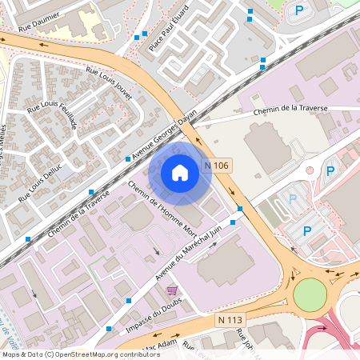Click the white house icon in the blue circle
(180, 172)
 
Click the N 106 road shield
(216, 166)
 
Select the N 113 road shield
(230, 320)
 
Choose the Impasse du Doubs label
(154, 320)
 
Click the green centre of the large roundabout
(310, 294)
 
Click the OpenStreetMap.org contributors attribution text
(104, 354)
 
